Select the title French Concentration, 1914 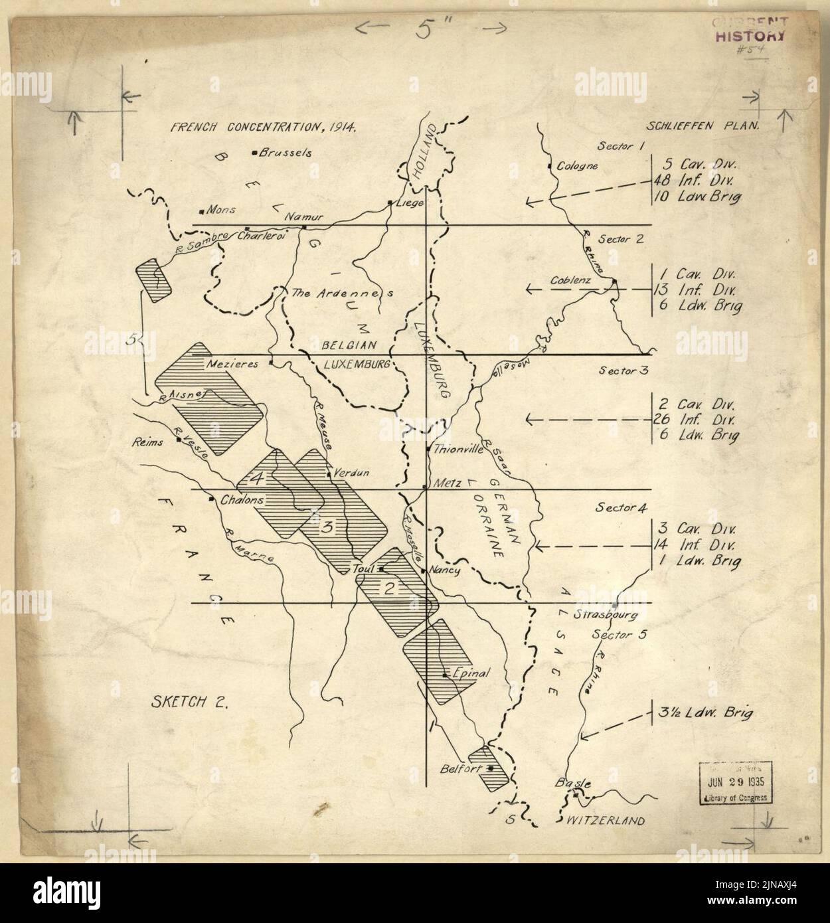(264, 128)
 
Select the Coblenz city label (570, 281)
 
